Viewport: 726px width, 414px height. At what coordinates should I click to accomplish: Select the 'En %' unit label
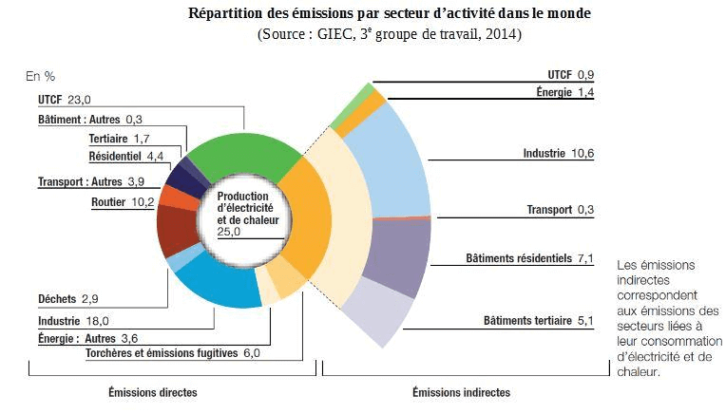point(42,75)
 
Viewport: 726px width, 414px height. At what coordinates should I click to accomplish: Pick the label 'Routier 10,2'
point(123,201)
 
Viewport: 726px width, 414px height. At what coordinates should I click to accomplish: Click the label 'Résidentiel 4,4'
point(127,156)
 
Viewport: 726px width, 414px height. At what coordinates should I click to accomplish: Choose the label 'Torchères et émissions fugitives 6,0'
point(172,353)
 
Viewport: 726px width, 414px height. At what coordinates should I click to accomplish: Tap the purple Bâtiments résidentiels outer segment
point(394,254)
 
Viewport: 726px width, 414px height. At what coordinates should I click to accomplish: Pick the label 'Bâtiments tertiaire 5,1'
point(538,321)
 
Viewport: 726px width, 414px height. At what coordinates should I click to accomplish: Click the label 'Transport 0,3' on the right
point(561,210)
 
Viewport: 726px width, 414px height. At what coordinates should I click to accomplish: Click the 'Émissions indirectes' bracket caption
point(461,392)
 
